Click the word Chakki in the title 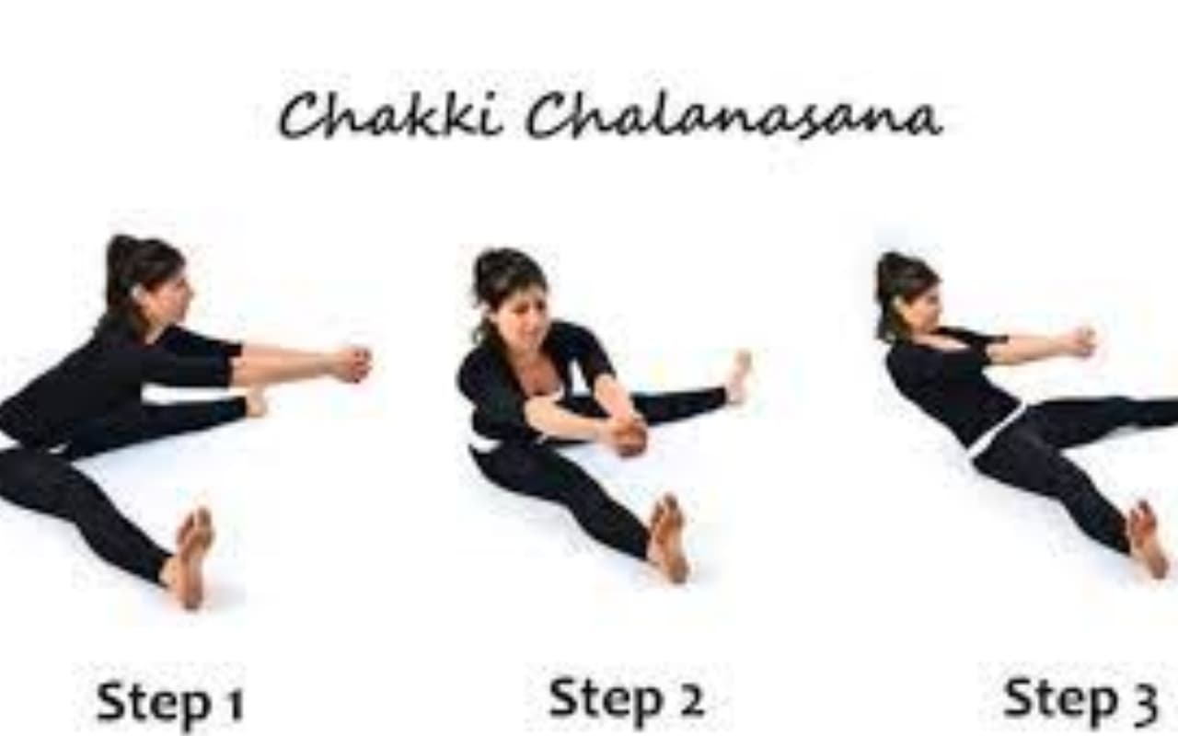tap(390, 115)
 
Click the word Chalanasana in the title tap(734, 117)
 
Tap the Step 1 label tap(170, 702)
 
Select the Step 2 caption tap(626, 699)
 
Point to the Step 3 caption tap(1080, 699)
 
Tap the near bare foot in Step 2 tap(668, 538)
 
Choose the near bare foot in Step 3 tap(1147, 539)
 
